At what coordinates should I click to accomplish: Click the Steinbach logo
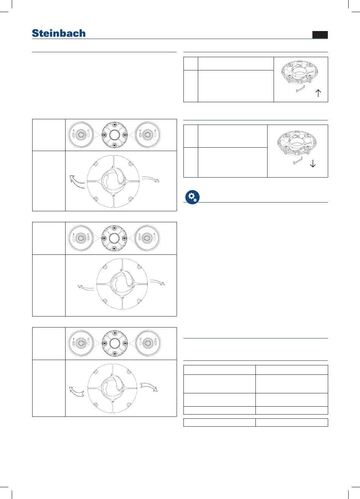click(59, 33)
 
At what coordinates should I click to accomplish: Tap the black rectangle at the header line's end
click(320, 35)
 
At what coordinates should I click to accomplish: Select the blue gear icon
click(193, 197)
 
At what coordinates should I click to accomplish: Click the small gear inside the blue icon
click(195, 200)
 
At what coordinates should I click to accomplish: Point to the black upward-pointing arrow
click(318, 93)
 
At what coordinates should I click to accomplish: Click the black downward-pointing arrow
click(313, 164)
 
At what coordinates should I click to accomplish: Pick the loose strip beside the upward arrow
click(300, 89)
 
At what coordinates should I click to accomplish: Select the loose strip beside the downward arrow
click(298, 161)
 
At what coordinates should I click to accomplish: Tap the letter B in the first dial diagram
click(74, 130)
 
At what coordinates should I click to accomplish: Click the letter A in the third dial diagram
click(155, 339)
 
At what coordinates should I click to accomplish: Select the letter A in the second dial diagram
click(154, 234)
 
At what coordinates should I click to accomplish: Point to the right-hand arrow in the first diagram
click(151, 179)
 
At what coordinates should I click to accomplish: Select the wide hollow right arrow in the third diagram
click(149, 387)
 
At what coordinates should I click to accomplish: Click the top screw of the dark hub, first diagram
click(114, 124)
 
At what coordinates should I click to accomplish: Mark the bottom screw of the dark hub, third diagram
click(114, 354)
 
